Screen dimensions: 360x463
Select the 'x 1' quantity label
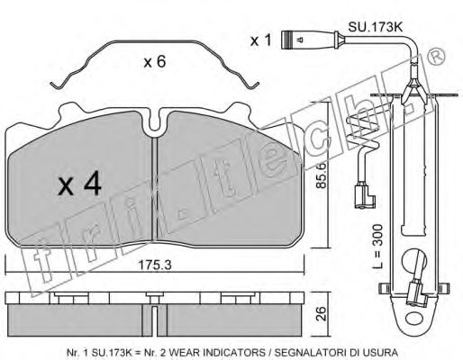[x=260, y=41]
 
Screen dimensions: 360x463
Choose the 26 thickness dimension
[x=320, y=313]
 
